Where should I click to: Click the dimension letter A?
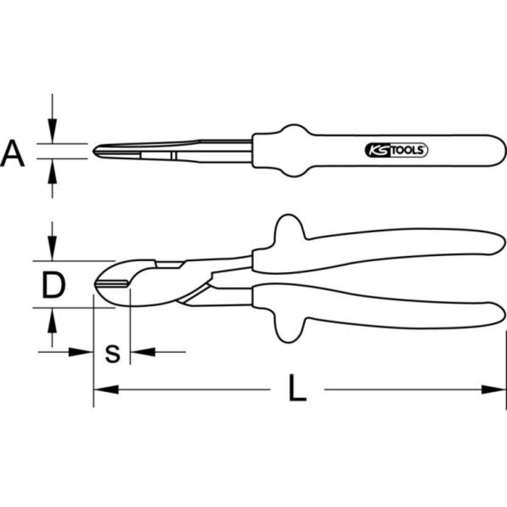coord(12,155)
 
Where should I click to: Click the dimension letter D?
coord(54,285)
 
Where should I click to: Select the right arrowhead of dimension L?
coord(494,390)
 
